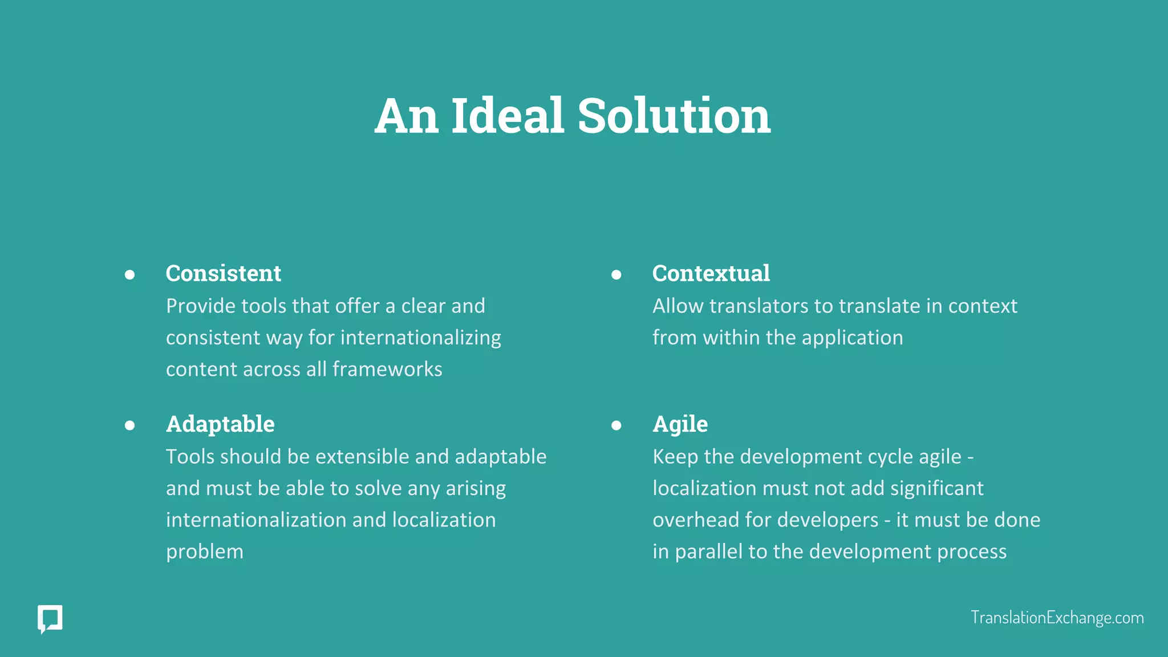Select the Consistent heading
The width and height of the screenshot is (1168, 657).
pos(223,273)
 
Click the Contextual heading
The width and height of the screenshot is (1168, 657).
pos(711,273)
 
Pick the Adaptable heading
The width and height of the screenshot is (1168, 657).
pos(220,424)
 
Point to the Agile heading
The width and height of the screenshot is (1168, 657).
pos(680,424)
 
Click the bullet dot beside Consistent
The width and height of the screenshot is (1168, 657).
pos(130,275)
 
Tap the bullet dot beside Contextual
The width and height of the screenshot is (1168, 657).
pos(616,275)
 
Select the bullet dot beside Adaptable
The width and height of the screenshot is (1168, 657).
pos(130,425)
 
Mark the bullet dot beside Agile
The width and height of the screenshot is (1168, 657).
pos(616,425)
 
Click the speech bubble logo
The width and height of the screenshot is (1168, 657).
pos(50,619)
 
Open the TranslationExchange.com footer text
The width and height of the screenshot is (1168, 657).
pos(1057,618)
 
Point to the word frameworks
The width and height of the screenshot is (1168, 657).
pos(387,369)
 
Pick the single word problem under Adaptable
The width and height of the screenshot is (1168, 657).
pos(205,552)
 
